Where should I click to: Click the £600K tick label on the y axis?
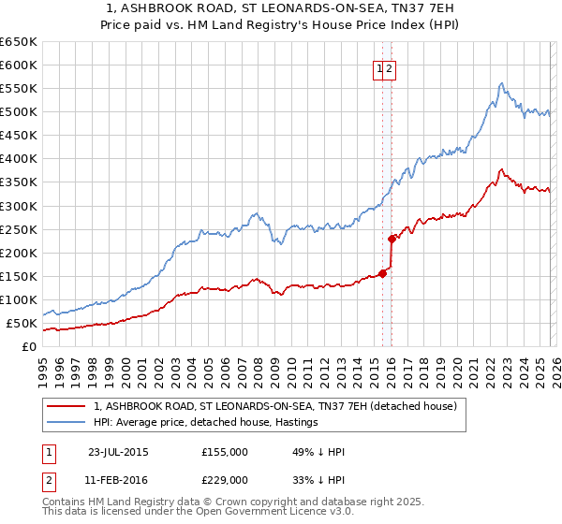19,65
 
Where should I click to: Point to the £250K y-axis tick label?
19,229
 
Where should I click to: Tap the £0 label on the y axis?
28,346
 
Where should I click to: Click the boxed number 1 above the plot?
379,67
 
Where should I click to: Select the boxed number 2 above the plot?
390,67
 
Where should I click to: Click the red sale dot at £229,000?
392,239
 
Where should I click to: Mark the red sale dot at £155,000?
382,273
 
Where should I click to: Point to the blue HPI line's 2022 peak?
502,83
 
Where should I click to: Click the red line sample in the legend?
66,406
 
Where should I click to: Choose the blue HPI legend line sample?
66,422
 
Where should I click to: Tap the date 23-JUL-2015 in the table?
117,451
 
